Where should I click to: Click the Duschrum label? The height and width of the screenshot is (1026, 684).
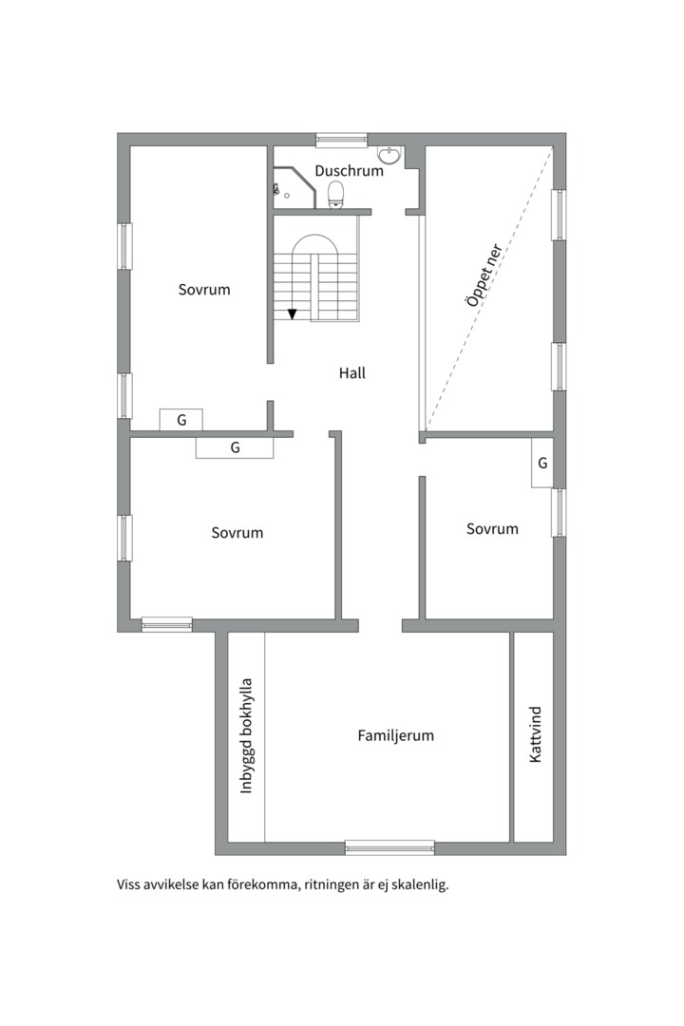click(x=349, y=171)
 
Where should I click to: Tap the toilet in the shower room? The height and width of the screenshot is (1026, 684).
click(x=335, y=195)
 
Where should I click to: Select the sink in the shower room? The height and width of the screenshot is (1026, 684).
click(x=390, y=155)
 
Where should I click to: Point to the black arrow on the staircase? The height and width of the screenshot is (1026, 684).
click(x=292, y=314)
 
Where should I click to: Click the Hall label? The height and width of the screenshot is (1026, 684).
click(x=352, y=373)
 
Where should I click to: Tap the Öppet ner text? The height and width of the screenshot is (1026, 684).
click(x=484, y=275)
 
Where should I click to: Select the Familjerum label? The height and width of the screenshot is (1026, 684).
click(x=395, y=735)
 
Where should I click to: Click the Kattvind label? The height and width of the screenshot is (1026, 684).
click(x=536, y=734)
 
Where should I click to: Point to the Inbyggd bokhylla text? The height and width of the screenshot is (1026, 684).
click(x=246, y=736)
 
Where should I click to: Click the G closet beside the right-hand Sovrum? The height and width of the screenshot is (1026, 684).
click(x=542, y=463)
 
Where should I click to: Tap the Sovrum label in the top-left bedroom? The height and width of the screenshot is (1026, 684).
click(x=204, y=289)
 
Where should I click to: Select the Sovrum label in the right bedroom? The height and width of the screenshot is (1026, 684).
click(x=492, y=529)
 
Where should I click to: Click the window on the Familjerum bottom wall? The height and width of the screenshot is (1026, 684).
click(x=389, y=847)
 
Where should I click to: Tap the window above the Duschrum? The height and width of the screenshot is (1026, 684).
click(x=342, y=140)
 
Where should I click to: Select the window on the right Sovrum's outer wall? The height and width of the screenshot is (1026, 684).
click(x=559, y=513)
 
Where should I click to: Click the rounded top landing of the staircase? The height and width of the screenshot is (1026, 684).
click(x=315, y=245)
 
